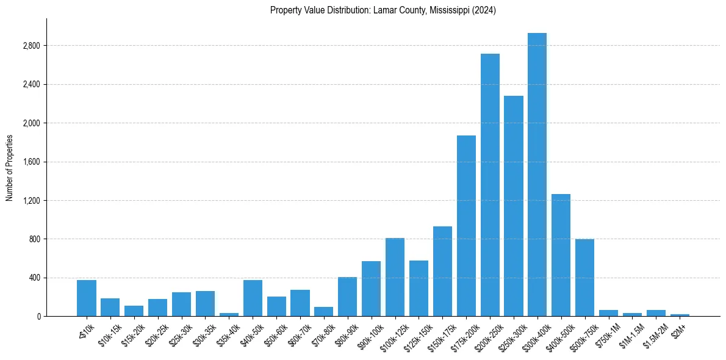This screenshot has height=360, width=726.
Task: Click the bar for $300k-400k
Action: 537,175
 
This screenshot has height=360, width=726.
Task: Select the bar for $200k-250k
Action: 490,185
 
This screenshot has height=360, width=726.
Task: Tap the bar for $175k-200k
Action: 466,226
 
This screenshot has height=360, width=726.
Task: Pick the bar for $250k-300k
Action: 514,206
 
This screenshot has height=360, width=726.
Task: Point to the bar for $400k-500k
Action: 561,255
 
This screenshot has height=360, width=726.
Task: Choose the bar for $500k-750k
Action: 584,278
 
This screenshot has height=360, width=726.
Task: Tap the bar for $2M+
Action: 680,315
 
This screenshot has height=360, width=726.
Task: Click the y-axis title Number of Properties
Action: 10,167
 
